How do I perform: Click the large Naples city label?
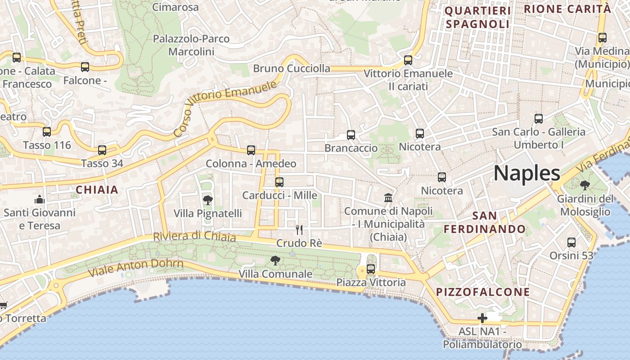(527, 173)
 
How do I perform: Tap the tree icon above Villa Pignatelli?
(207, 200)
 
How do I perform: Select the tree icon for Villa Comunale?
(275, 260)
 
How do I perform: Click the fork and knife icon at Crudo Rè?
(299, 230)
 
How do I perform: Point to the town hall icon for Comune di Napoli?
(388, 197)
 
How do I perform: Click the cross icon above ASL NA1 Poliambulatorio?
(482, 318)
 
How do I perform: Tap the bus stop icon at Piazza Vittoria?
(371, 269)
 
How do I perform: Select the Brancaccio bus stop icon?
(351, 135)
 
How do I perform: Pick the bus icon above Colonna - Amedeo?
(251, 150)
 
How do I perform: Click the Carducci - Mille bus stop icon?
(279, 182)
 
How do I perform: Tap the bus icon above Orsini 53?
(571, 242)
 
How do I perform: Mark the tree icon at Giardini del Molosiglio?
(585, 185)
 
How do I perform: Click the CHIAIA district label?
(97, 189)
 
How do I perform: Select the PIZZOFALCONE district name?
(483, 292)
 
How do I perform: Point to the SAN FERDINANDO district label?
(485, 222)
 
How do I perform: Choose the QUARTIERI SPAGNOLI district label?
(477, 17)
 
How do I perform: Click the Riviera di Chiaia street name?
(194, 236)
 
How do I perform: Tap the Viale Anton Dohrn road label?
(135, 268)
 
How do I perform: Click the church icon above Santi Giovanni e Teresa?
(40, 199)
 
